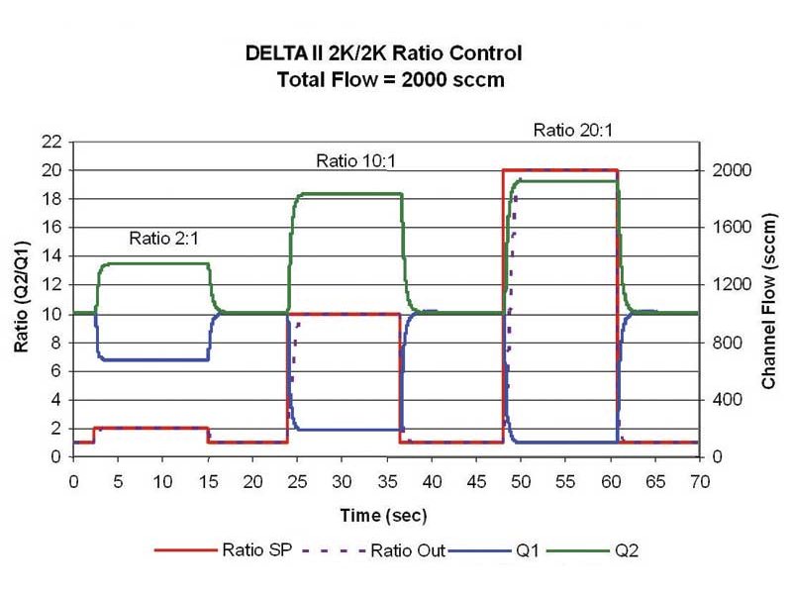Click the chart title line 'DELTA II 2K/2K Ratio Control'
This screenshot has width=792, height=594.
(383, 53)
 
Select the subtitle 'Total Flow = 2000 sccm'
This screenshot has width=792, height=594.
(392, 80)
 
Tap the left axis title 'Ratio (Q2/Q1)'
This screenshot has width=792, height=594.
(20, 299)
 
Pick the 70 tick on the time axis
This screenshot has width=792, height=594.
(699, 481)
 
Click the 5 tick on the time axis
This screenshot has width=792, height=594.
(118, 481)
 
